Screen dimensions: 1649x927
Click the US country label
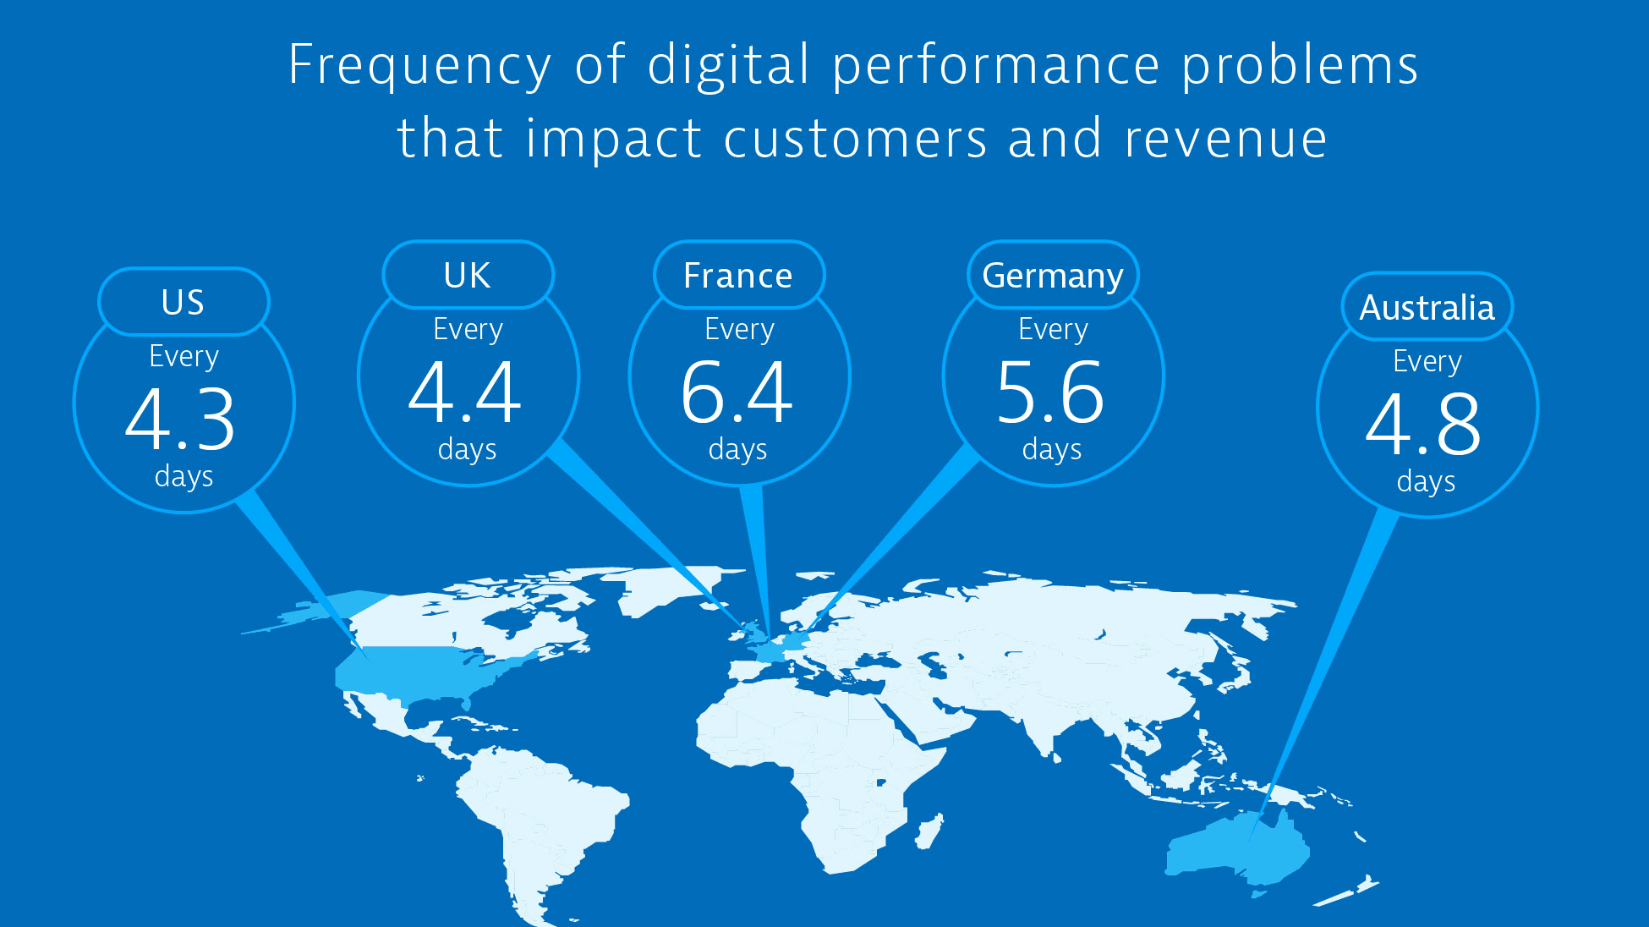[x=183, y=302]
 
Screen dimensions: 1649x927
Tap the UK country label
[x=467, y=275]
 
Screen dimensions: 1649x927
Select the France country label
[x=738, y=276]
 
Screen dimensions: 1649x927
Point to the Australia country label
[x=1427, y=308]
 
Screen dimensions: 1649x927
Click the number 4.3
[x=180, y=420]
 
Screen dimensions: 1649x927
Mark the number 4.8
[x=1423, y=424]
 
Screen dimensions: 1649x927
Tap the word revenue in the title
[x=1225, y=139]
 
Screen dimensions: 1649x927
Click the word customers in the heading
[x=855, y=139]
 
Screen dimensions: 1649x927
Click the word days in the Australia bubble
[x=1426, y=481]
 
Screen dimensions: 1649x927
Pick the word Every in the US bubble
[x=184, y=356]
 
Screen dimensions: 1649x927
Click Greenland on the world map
[x=668, y=588]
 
